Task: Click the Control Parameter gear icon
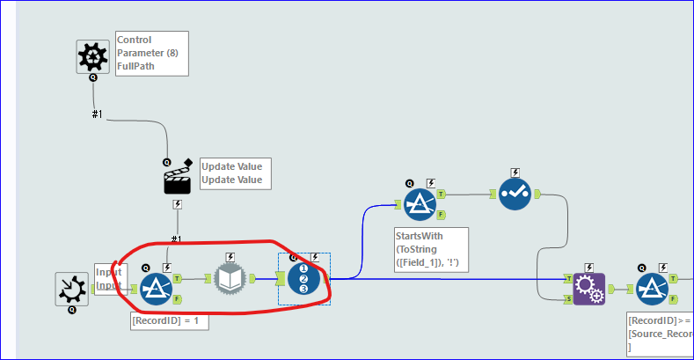pos(92,56)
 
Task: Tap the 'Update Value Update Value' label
pos(231,173)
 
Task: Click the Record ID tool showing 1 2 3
pos(303,279)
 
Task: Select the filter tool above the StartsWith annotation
pos(420,205)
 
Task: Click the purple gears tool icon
pos(588,288)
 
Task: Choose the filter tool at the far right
pos(653,288)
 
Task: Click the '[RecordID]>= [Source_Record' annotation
pos(660,334)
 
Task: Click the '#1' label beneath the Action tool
pos(177,239)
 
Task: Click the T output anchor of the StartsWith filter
pos(441,194)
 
